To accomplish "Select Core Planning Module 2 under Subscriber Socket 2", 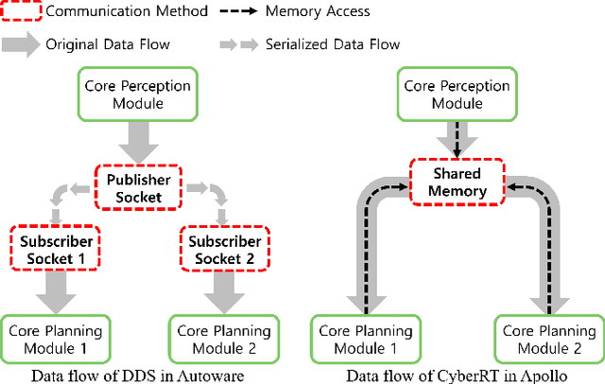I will point(219,339).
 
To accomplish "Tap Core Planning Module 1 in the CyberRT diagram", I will point(366,339).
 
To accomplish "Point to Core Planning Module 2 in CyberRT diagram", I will point(548,339).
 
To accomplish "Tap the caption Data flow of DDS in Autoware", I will point(137,375).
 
